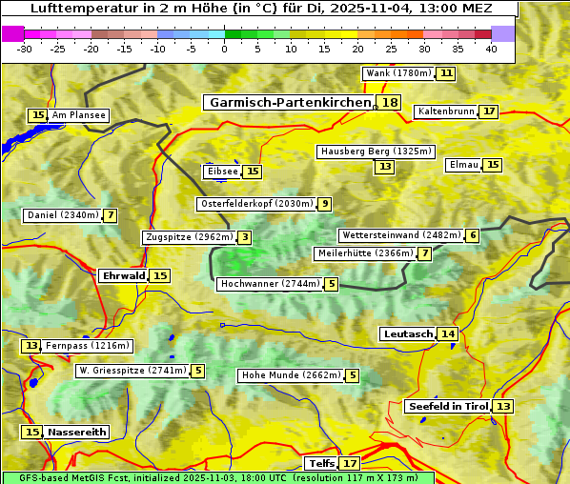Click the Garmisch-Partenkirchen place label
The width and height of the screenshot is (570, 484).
[x=289, y=103]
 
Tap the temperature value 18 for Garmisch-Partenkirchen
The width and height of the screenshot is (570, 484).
[x=389, y=103]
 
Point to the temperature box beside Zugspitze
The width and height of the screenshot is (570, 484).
[x=245, y=237]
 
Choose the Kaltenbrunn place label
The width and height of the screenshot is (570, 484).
[x=445, y=111]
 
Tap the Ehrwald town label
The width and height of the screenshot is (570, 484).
[x=123, y=276]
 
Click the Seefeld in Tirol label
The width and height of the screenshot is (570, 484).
[x=447, y=407]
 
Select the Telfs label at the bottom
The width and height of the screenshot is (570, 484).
[x=320, y=464]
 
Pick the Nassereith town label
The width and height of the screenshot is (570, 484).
[x=76, y=432]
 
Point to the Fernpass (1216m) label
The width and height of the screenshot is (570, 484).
[x=88, y=346]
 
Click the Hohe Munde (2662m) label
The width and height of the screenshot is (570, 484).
[x=290, y=375]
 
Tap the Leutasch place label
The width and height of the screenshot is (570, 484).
[x=408, y=334]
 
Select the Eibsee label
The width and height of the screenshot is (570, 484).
[x=221, y=171]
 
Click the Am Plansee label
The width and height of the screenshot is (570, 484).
[x=78, y=115]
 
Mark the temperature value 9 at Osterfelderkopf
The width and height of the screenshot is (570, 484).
[x=325, y=204]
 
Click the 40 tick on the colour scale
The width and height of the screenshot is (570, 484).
[x=491, y=48]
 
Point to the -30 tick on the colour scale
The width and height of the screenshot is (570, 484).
[x=24, y=48]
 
